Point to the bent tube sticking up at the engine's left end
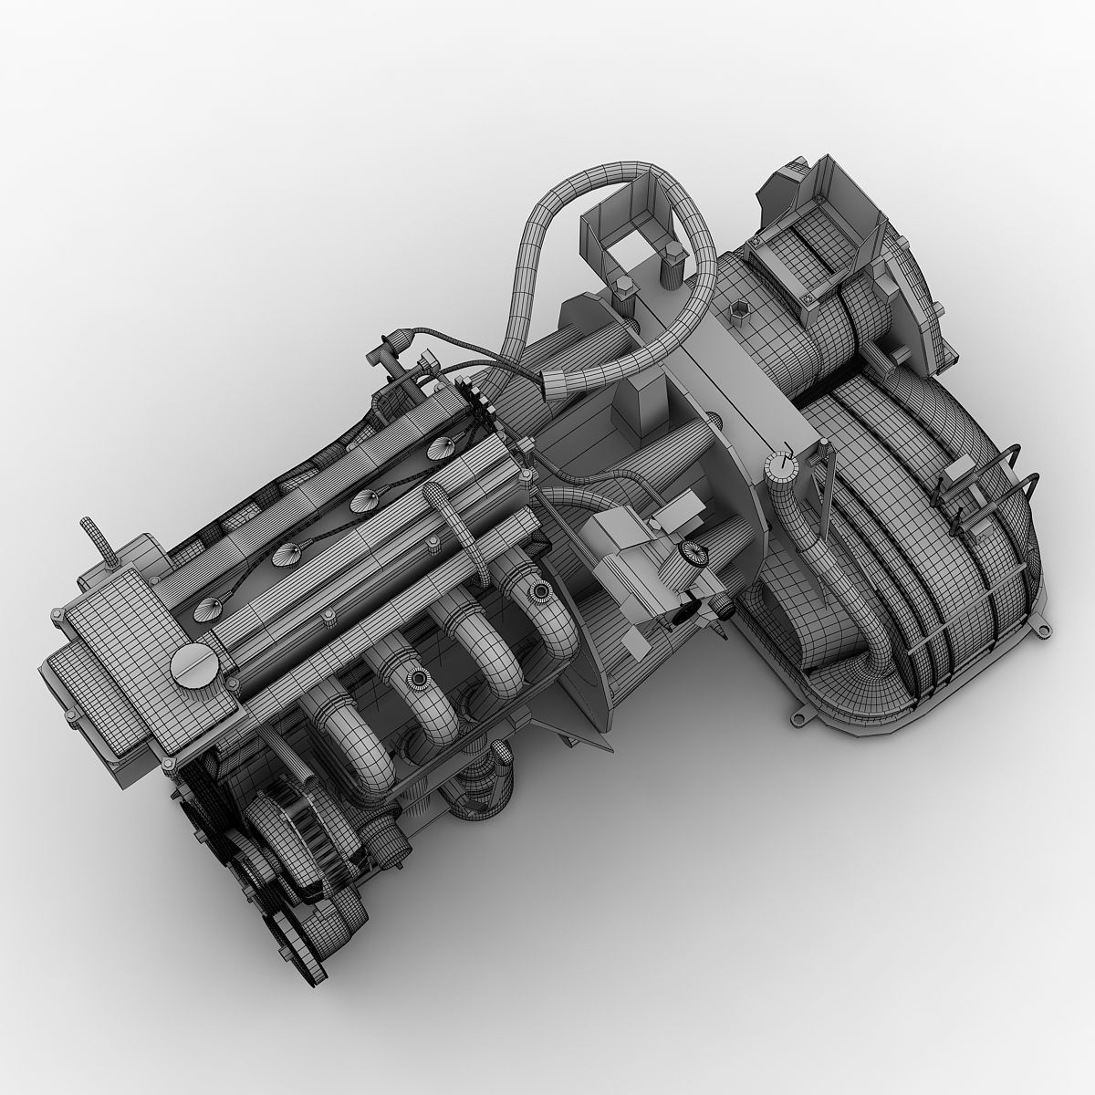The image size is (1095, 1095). coord(93,541)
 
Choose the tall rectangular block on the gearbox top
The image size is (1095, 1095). coord(643,401)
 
